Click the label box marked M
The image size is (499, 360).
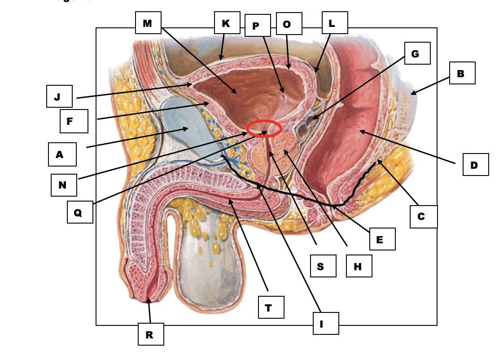[148, 23]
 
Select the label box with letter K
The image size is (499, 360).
[227, 23]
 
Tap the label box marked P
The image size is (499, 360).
[258, 26]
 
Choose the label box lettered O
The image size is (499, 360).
[289, 24]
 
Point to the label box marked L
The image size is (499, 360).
[335, 23]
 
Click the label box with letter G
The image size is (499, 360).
[417, 53]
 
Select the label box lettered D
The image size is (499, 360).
[476, 165]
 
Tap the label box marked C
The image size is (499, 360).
[424, 217]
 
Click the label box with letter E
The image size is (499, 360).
[382, 239]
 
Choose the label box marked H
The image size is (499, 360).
[359, 266]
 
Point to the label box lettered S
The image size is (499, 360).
[323, 266]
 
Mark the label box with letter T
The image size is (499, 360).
[271, 307]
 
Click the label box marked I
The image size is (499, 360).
[326, 324]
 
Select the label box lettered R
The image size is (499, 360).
[151, 334]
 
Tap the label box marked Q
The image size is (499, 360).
[80, 212]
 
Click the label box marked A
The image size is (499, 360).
[62, 154]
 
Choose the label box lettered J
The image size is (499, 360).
[59, 97]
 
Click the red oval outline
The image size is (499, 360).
[264, 129]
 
